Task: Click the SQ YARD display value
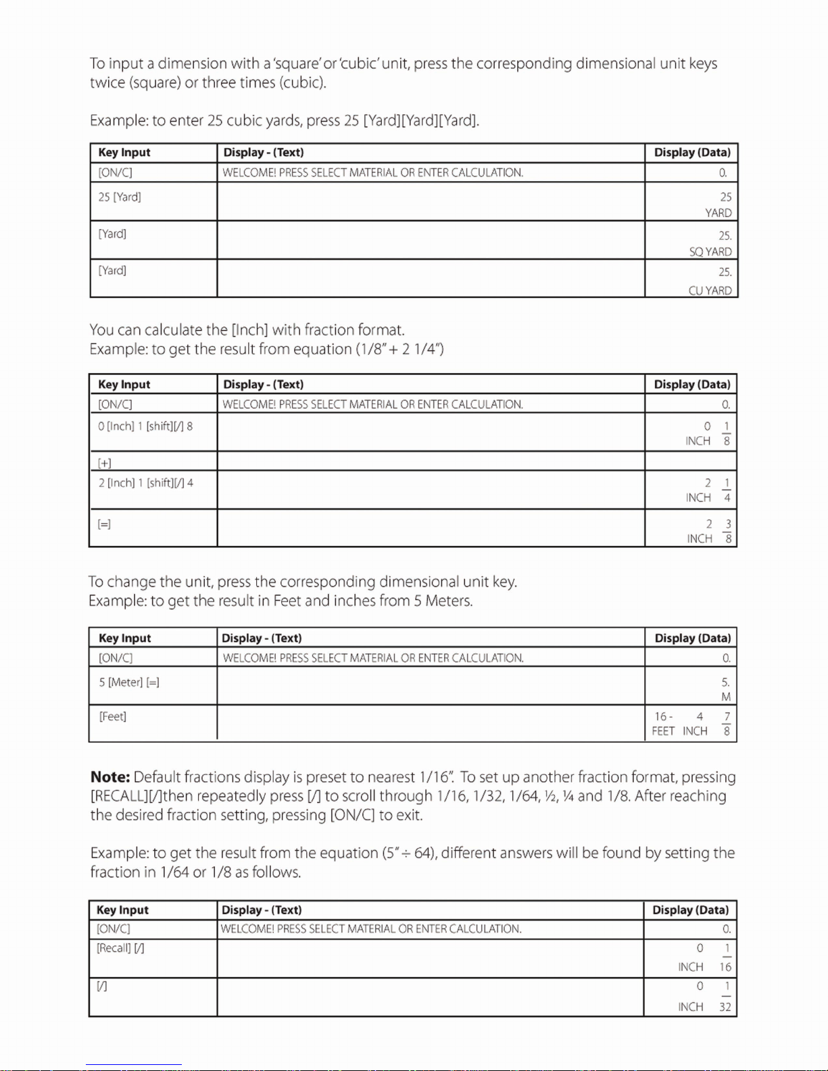coord(710,252)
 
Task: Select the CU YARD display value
coord(710,291)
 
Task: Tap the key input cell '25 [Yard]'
coord(120,197)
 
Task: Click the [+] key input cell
coord(105,463)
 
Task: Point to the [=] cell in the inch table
coord(104,524)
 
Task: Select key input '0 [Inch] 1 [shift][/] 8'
coord(145,426)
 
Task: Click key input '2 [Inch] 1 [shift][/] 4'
coord(146,483)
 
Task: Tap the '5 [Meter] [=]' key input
coord(129,682)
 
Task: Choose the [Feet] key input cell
coord(113,716)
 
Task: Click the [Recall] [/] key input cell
coord(120,949)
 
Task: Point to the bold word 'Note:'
coord(110,777)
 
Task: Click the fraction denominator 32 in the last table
coord(725,1007)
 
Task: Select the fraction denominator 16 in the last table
coord(725,967)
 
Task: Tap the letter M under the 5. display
coord(726,697)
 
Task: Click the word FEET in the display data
coord(663,731)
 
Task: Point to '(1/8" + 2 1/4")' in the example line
coord(399,349)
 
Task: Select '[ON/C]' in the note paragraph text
coord(352,815)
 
